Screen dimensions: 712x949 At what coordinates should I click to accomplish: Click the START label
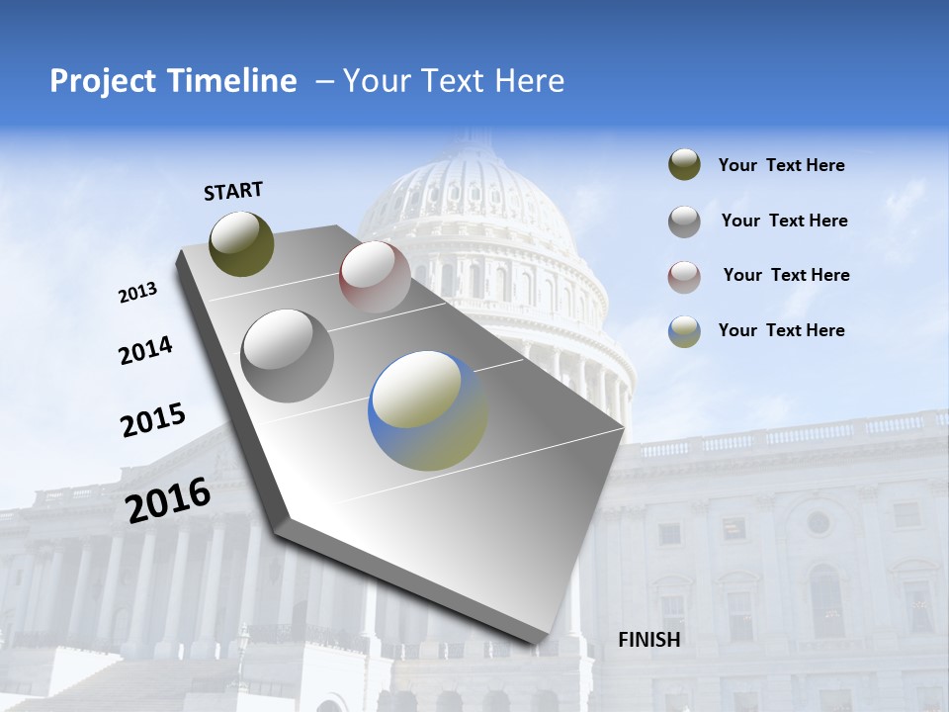(x=233, y=190)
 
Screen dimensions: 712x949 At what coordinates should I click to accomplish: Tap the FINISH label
(x=649, y=640)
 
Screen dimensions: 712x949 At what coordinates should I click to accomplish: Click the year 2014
(x=145, y=350)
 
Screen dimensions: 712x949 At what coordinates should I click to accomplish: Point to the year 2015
(x=153, y=419)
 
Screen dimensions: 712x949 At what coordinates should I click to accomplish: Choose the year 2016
(x=168, y=500)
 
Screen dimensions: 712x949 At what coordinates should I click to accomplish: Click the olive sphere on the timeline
(x=241, y=243)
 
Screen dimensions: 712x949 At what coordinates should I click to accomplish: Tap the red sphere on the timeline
(x=375, y=277)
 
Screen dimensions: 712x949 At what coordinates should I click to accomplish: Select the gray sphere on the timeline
(x=288, y=356)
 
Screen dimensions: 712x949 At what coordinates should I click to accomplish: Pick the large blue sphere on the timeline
(x=428, y=410)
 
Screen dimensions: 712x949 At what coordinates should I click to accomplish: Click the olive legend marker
(x=684, y=165)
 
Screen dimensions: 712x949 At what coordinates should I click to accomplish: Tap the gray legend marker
(x=684, y=222)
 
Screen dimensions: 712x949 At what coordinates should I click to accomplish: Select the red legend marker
(x=684, y=277)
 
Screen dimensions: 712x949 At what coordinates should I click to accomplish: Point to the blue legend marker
(x=684, y=331)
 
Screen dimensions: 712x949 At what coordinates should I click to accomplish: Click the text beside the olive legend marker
(x=781, y=166)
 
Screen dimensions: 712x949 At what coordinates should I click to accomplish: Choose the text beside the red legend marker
(x=786, y=275)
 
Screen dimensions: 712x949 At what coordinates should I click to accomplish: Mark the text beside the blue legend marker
(x=781, y=330)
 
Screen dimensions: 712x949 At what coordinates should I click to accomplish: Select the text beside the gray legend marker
(x=784, y=221)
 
